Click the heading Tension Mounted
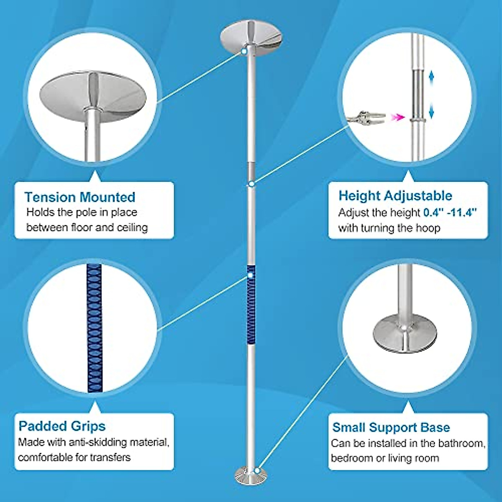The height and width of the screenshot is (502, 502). [79, 197]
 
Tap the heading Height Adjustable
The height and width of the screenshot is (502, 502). [395, 195]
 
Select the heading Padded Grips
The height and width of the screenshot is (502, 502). [62, 426]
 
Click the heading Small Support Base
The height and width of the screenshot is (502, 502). [391, 427]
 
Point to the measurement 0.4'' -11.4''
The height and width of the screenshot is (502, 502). [450, 213]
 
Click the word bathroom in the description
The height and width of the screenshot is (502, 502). [460, 443]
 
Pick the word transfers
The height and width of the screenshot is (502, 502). [110, 457]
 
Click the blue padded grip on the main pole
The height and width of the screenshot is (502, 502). [251, 305]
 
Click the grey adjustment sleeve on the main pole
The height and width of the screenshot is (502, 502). [251, 171]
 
